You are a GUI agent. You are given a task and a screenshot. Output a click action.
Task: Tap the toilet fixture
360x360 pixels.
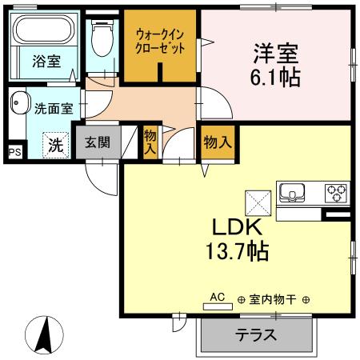click(x=102, y=36)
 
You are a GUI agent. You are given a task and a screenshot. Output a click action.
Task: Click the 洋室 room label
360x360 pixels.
click(x=276, y=54)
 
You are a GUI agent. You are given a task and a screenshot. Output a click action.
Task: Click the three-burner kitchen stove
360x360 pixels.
click(x=335, y=193)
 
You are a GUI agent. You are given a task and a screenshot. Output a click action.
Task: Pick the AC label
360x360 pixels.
click(x=217, y=296)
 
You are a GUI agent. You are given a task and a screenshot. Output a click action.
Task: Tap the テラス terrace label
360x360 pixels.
click(x=255, y=334)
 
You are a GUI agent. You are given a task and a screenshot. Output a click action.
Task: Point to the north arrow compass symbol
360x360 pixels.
click(x=47, y=334)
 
